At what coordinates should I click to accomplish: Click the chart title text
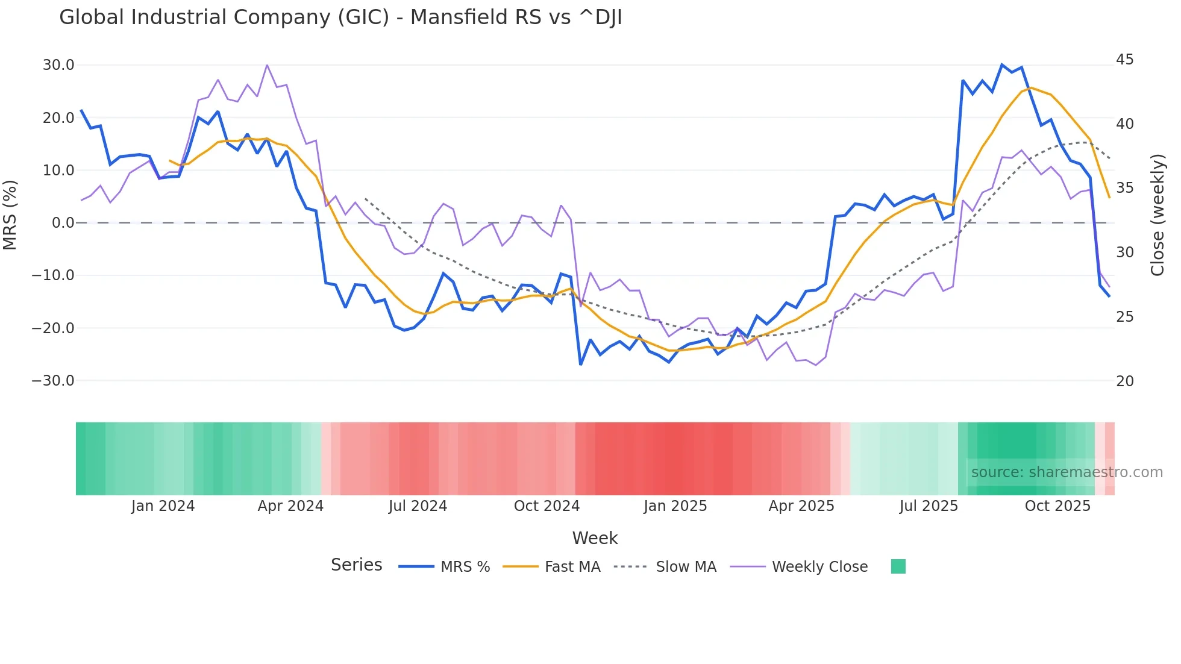340,17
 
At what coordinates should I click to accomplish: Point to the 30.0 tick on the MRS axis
58,65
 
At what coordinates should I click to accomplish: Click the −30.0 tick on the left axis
53,381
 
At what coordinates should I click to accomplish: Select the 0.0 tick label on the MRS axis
63,223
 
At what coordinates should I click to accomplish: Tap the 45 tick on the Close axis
1124,60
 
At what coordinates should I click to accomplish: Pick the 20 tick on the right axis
1124,381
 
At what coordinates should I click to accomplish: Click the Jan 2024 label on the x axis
163,506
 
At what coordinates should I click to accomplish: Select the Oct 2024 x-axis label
547,506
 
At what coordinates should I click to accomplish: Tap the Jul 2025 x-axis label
929,506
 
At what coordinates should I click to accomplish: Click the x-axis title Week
595,538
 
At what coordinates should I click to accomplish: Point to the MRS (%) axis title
10,215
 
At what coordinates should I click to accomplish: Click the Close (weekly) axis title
1158,215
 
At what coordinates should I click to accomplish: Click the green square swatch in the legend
898,566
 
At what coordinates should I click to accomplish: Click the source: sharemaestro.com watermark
1067,472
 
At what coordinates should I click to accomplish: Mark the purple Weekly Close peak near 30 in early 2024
267,65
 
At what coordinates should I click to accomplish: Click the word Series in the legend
356,565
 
